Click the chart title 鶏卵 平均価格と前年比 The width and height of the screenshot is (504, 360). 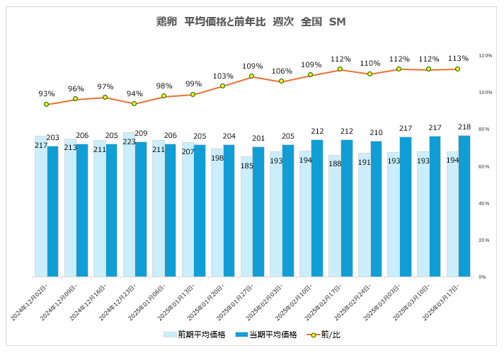click(251, 22)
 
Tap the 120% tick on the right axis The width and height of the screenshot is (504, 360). click(485, 55)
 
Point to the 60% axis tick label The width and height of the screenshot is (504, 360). click(485, 166)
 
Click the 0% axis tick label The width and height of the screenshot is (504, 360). click(482, 277)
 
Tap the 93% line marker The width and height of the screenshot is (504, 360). click(47, 104)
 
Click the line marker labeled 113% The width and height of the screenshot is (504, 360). click(458, 69)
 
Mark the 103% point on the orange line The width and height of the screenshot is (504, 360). click(223, 86)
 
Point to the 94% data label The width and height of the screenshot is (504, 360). click(134, 93)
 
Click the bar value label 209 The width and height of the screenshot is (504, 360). click(141, 133)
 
